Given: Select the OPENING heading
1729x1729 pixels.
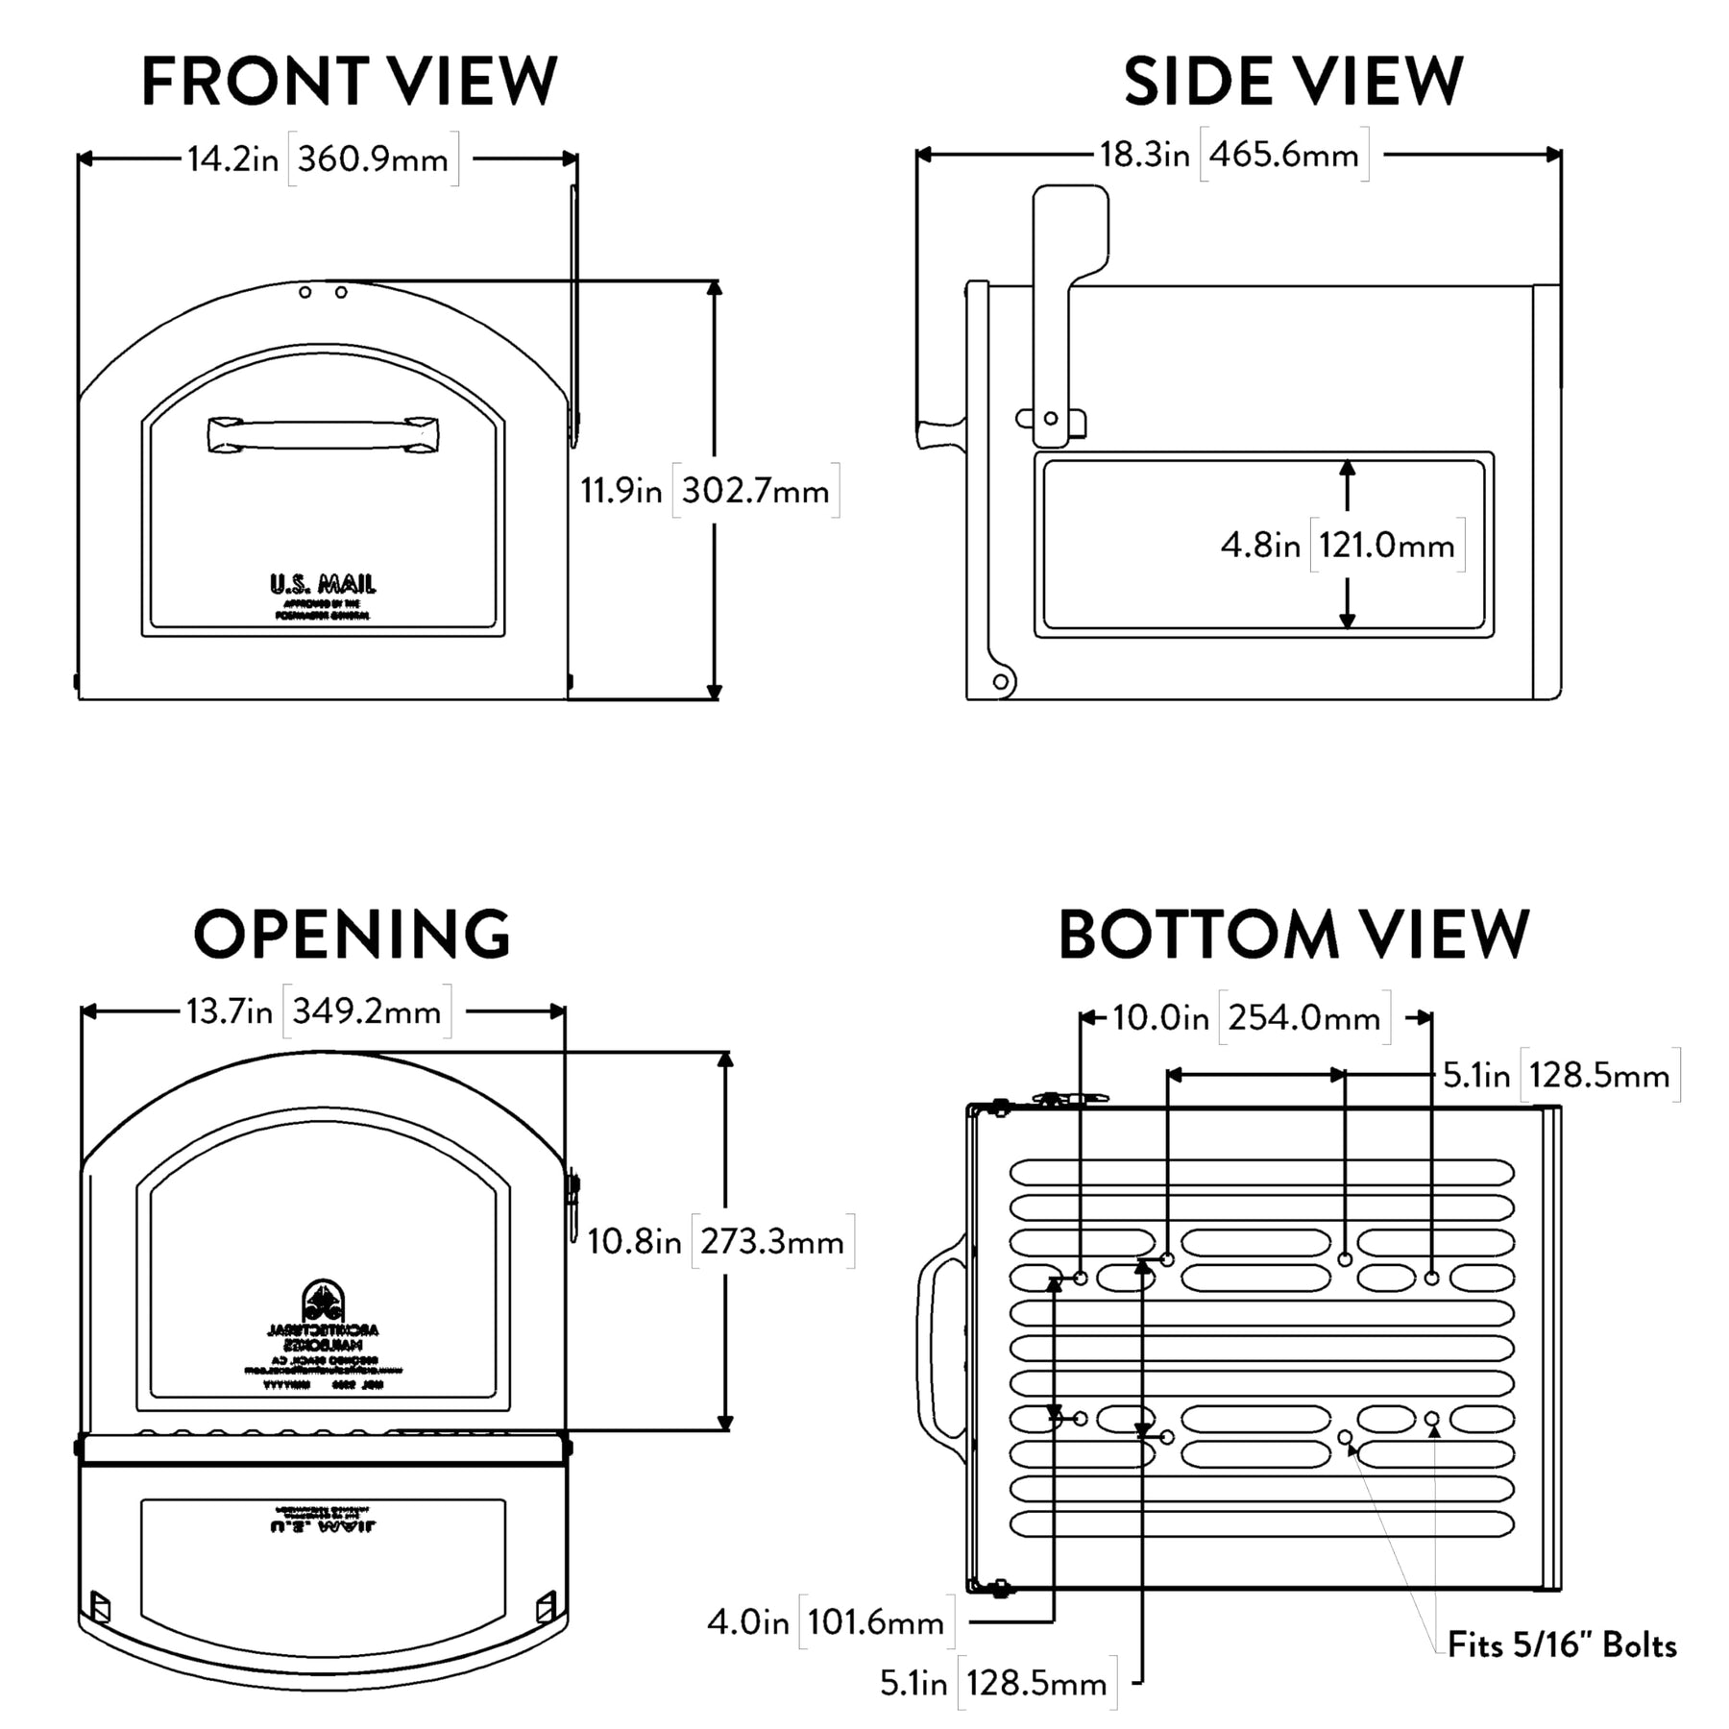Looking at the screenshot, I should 352,934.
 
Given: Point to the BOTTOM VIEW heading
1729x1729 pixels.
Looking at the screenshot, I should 1293,934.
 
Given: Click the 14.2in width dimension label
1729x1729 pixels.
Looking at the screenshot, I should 232,158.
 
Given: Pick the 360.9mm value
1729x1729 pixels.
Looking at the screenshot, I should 373,158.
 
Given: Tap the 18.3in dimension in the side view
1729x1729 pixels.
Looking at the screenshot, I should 1144,155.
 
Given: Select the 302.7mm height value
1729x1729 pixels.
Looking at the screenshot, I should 755,491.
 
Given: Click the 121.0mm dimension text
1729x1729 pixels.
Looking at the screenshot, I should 1386,546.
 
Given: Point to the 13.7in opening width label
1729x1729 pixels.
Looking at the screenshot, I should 229,1011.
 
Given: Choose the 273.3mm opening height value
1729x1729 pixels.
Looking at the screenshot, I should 771,1242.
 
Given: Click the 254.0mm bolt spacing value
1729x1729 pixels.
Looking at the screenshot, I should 1303,1017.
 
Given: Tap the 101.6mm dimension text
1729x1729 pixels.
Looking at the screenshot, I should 875,1622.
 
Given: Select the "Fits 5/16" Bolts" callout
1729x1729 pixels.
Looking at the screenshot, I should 1562,1645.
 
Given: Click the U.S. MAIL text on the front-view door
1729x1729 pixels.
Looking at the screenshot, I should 323,584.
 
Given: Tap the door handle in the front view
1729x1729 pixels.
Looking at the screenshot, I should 323,434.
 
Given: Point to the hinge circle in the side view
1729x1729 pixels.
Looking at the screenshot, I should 1001,682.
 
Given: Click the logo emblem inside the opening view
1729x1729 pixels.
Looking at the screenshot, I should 323,1301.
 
